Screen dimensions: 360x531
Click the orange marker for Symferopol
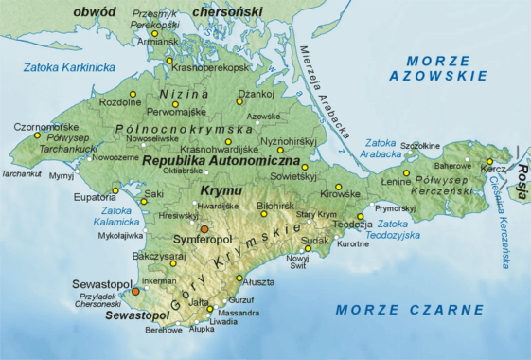point(204,229)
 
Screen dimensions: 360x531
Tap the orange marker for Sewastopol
point(135,292)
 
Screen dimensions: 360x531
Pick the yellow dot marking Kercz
point(489,161)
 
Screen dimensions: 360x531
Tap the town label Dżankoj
point(256,93)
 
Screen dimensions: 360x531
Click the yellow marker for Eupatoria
point(115,190)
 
